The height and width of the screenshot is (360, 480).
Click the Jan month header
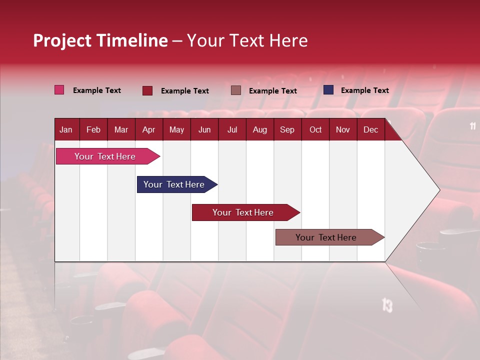[x=66, y=129]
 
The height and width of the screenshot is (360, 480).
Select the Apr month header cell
[x=149, y=129]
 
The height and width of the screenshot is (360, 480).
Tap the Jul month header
[x=232, y=129]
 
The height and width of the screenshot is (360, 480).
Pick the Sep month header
[x=287, y=129]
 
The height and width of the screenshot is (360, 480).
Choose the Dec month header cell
[x=370, y=129]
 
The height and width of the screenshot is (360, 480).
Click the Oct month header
[x=315, y=129]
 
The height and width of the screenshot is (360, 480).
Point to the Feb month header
[x=93, y=129]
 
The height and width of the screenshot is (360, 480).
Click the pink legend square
[x=59, y=90]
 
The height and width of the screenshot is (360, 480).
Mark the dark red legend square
[x=147, y=90]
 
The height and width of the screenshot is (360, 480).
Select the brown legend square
[x=236, y=90]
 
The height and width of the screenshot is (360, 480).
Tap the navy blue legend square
[x=328, y=90]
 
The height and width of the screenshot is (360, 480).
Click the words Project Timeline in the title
[x=100, y=40]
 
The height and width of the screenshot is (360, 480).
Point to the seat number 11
[x=473, y=126]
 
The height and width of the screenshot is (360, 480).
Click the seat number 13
[x=387, y=304]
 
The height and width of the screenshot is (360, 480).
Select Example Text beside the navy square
[x=364, y=90]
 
